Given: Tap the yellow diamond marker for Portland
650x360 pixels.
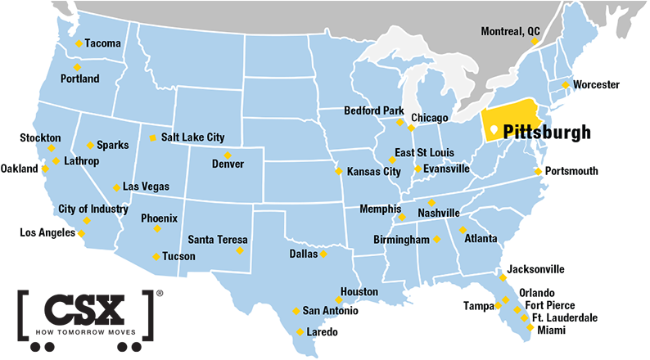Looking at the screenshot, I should (77, 67).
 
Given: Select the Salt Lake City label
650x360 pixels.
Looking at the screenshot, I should (192, 137).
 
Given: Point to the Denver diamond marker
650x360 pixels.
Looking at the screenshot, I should (228, 155).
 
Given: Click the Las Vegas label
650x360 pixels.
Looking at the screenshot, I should (146, 187).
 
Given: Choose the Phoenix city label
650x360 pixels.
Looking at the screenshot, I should (159, 218).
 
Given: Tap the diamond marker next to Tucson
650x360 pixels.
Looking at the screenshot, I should (156, 257).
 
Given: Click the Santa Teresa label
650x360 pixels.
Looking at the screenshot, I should (217, 240).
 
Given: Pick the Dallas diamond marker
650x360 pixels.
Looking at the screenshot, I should (323, 254).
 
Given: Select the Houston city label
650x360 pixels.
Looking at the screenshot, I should (359, 291).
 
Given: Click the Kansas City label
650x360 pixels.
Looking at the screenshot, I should (373, 172).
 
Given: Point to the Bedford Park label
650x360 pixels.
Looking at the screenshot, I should (368, 110).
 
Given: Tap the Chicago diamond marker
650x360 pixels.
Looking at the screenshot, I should (411, 128).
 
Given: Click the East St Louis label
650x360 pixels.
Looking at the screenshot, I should (424, 152).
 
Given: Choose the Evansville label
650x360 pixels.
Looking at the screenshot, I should (447, 169).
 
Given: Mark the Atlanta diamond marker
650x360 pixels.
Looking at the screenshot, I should (463, 230).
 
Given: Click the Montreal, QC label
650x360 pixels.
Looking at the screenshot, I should (511, 31).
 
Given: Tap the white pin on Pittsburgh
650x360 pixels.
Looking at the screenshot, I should (493, 131).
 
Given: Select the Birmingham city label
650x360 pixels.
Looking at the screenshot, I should (401, 240).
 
